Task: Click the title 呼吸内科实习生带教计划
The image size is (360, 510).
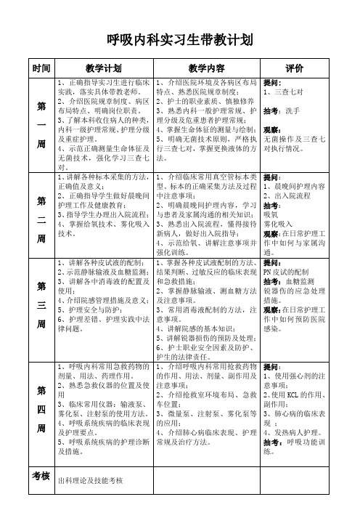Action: point(179,39)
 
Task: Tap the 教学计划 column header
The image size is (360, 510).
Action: point(102,68)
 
